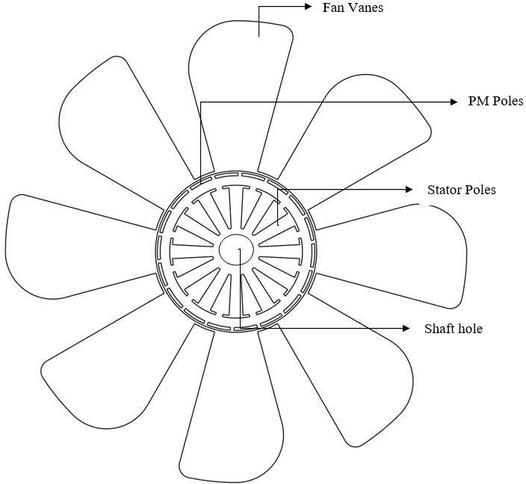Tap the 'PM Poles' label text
click(x=495, y=102)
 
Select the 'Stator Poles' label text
click(x=461, y=190)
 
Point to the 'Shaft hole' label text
click(x=453, y=329)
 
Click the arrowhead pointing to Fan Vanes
click(x=309, y=7)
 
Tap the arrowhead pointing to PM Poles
click(x=454, y=102)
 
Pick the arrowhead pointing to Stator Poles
click(x=409, y=189)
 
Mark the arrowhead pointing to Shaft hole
click(x=406, y=328)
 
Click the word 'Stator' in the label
click(x=444, y=190)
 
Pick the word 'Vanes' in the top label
click(x=366, y=8)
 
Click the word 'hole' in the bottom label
click(x=468, y=329)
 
